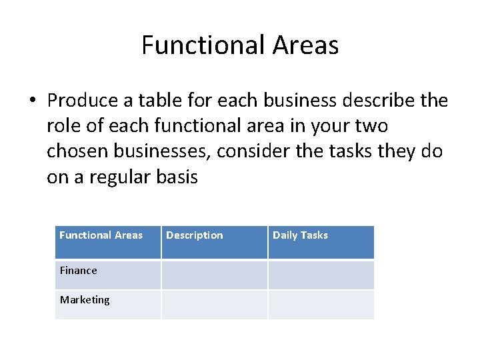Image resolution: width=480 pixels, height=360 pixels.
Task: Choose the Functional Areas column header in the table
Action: click(101, 235)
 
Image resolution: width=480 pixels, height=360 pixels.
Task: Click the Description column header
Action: click(195, 235)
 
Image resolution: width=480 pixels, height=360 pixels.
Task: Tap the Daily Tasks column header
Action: click(300, 235)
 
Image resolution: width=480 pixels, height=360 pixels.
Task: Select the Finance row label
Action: click(79, 271)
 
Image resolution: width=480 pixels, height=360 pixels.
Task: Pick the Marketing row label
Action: click(85, 300)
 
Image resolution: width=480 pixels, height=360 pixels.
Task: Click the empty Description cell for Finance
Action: click(214, 274)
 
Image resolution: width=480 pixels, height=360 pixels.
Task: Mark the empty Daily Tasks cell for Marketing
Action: click(321, 304)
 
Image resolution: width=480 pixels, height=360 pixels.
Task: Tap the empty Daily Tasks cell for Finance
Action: click(321, 274)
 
